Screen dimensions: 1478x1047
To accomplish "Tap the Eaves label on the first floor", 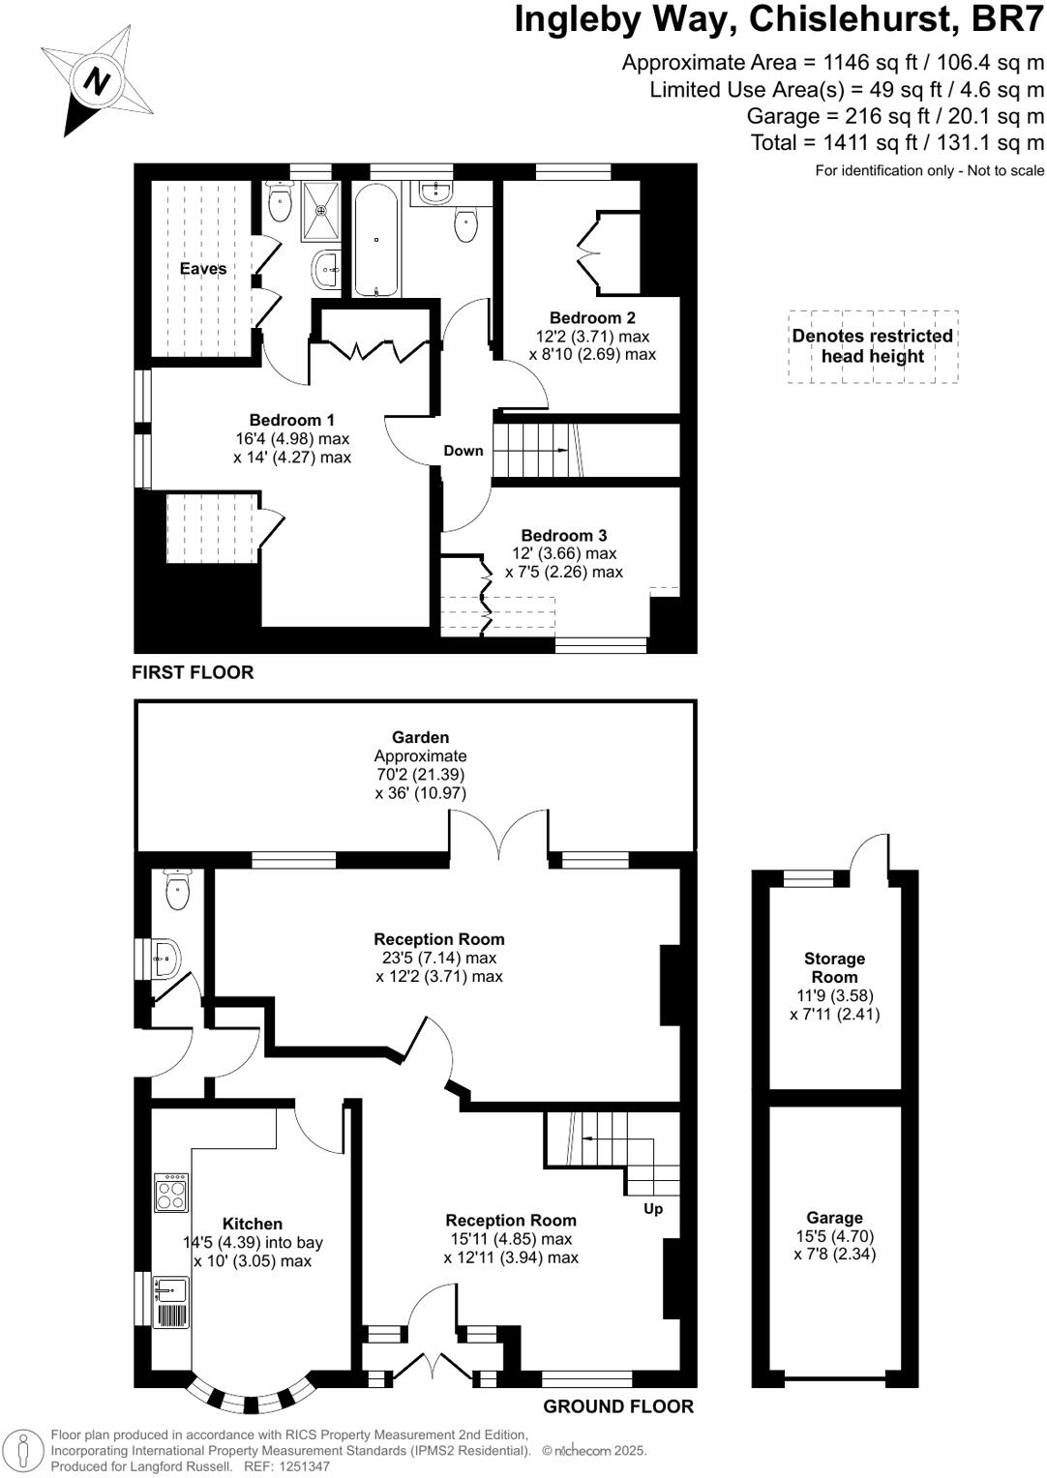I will (x=203, y=269).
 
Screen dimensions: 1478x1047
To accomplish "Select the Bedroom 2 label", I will (x=592, y=317).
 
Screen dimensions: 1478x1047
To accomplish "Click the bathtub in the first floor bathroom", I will (x=375, y=238).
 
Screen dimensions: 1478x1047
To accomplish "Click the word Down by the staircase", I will (x=464, y=451).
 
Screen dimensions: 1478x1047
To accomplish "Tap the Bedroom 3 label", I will (x=564, y=535).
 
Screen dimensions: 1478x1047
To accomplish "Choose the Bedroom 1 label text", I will (x=291, y=420).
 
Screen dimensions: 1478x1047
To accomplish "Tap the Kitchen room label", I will (x=253, y=1224).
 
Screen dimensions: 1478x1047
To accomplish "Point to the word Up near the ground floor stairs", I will (x=653, y=1208).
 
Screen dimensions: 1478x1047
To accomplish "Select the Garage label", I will (x=834, y=1218).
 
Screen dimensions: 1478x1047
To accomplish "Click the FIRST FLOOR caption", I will (x=193, y=672).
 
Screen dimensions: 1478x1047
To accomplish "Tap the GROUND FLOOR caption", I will (x=618, y=1406).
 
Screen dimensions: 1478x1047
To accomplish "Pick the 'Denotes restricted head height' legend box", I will (x=873, y=346).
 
